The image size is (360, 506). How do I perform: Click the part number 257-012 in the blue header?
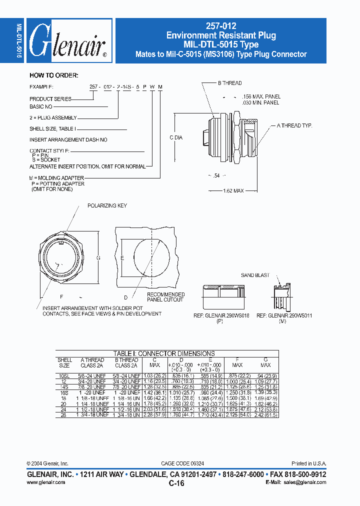coord(220,26)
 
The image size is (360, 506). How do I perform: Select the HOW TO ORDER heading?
coord(53,75)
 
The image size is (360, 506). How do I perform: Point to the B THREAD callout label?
coord(229,83)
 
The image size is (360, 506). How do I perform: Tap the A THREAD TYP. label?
coord(294,126)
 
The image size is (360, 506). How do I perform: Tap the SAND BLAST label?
coord(255,275)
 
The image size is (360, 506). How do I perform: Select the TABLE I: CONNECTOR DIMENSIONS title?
coord(164,353)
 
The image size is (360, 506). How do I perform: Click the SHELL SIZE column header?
coord(65,362)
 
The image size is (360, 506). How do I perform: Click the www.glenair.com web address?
coord(45,482)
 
